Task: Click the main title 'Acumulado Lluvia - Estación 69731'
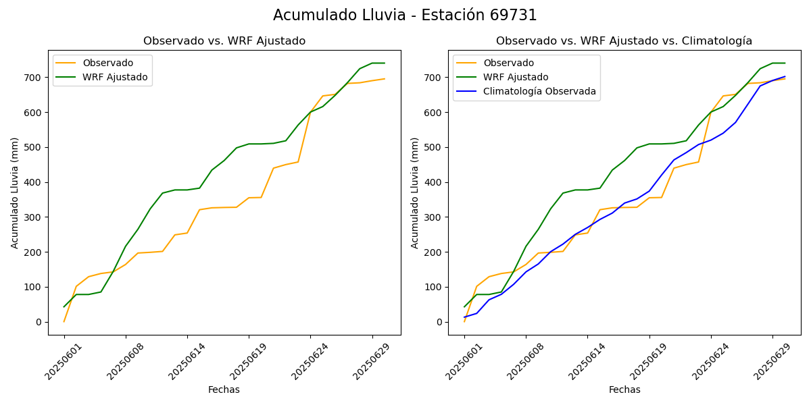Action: coord(405,16)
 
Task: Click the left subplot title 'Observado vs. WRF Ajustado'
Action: coord(224,41)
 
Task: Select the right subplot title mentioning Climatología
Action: coord(624,41)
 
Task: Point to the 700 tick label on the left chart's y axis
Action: coord(32,78)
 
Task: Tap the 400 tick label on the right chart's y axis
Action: coord(433,182)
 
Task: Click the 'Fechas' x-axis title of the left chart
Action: coord(224,389)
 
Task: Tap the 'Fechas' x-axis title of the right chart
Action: coord(624,389)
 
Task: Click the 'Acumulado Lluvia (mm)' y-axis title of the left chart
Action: coord(15,192)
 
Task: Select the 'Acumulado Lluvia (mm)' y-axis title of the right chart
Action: coord(415,192)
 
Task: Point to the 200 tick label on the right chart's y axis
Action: coord(433,252)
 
